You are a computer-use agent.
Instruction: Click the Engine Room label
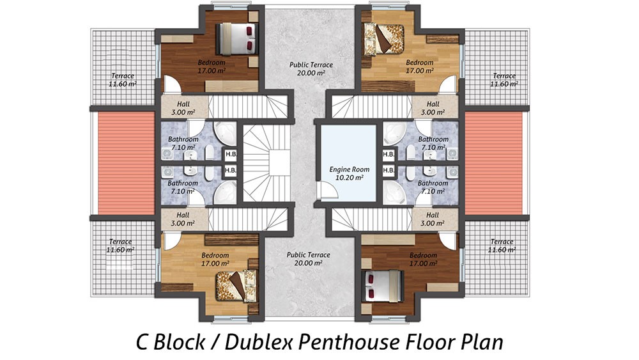350,169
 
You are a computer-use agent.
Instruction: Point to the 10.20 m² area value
350,178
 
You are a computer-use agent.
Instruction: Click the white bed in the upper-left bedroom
237,38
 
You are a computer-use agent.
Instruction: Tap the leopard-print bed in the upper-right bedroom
384,39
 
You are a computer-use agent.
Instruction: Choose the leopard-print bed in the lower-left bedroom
236,286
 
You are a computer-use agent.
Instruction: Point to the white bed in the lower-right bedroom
383,286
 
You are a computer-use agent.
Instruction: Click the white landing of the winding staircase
279,163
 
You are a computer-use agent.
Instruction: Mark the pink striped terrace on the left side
127,163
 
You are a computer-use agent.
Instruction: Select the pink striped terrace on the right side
493,163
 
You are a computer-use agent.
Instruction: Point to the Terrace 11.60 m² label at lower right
502,246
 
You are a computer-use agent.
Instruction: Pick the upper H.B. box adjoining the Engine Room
389,155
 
